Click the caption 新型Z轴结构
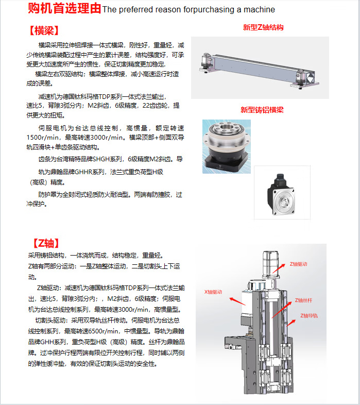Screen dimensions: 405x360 click(x=263, y=27)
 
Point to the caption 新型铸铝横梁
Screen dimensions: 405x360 click(x=262, y=110)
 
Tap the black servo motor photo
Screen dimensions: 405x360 click(x=282, y=194)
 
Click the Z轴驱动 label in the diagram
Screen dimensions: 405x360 click(x=298, y=264)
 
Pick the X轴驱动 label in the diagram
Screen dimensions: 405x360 click(x=213, y=292)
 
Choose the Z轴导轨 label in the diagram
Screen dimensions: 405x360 click(x=309, y=315)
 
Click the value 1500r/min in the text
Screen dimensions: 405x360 click(x=42, y=138)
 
